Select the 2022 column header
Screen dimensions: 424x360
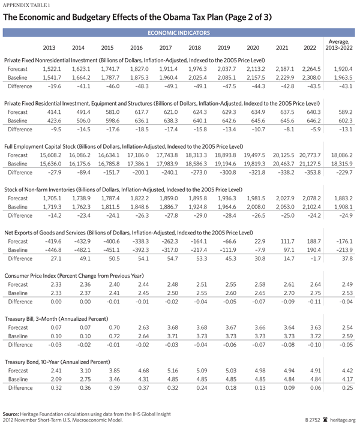click(310, 47)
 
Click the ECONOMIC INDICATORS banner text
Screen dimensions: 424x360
click(179, 32)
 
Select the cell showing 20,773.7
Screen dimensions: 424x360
click(310, 155)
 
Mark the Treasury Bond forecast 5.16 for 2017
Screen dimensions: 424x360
click(165, 371)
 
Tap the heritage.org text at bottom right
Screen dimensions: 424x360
click(343, 420)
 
